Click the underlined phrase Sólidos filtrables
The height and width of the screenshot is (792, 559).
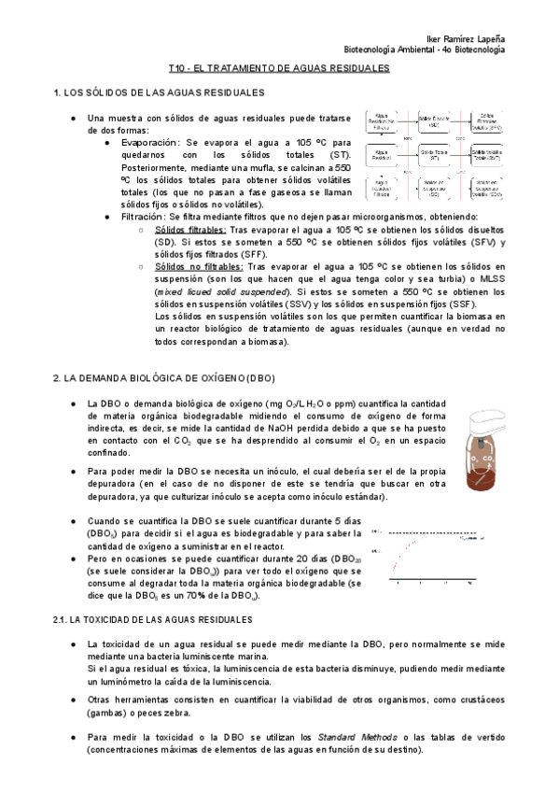point(189,229)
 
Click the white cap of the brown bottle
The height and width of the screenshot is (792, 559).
point(480,420)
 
